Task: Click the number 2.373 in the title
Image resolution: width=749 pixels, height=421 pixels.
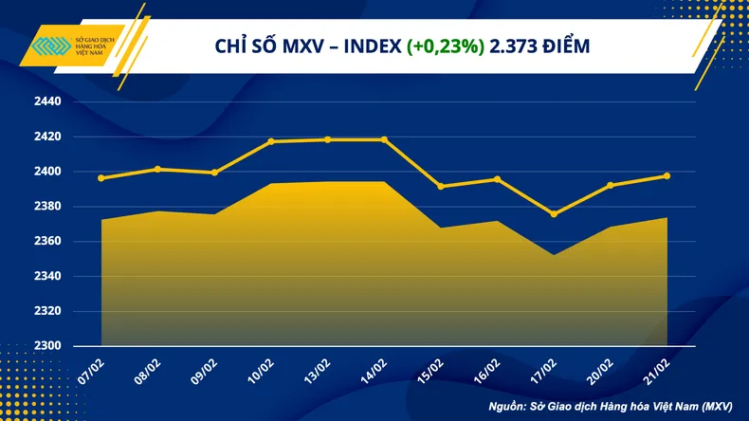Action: click(513, 46)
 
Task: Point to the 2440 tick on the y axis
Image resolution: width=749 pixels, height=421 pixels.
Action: click(47, 101)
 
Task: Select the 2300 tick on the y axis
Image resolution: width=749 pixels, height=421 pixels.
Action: click(47, 346)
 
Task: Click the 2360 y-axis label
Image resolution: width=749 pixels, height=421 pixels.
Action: click(47, 242)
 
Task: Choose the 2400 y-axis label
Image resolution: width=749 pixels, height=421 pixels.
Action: click(47, 172)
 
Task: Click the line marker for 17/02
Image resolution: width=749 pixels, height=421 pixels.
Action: click(554, 214)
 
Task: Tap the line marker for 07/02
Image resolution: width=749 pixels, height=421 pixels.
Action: click(100, 178)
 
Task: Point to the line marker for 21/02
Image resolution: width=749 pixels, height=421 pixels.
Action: click(667, 175)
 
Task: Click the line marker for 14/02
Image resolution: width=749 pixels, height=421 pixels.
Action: click(384, 139)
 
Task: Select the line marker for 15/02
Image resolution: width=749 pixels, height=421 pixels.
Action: click(441, 187)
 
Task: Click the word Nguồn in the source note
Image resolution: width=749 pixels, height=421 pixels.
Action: click(508, 406)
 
